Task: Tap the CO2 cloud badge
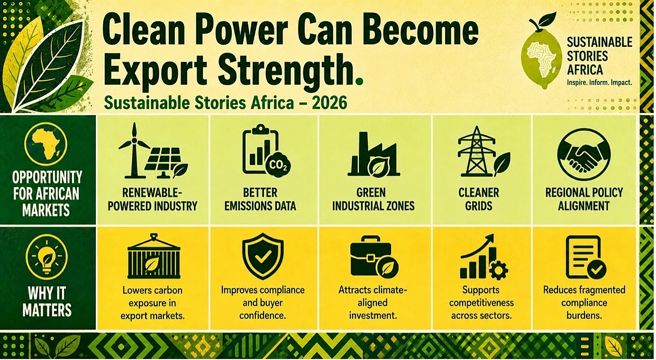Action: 277,165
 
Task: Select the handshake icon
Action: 583,154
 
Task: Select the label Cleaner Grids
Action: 479,199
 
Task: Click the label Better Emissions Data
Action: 260,199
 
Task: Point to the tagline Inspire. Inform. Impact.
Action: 599,82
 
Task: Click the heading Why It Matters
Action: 47,301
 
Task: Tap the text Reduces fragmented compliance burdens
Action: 584,303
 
